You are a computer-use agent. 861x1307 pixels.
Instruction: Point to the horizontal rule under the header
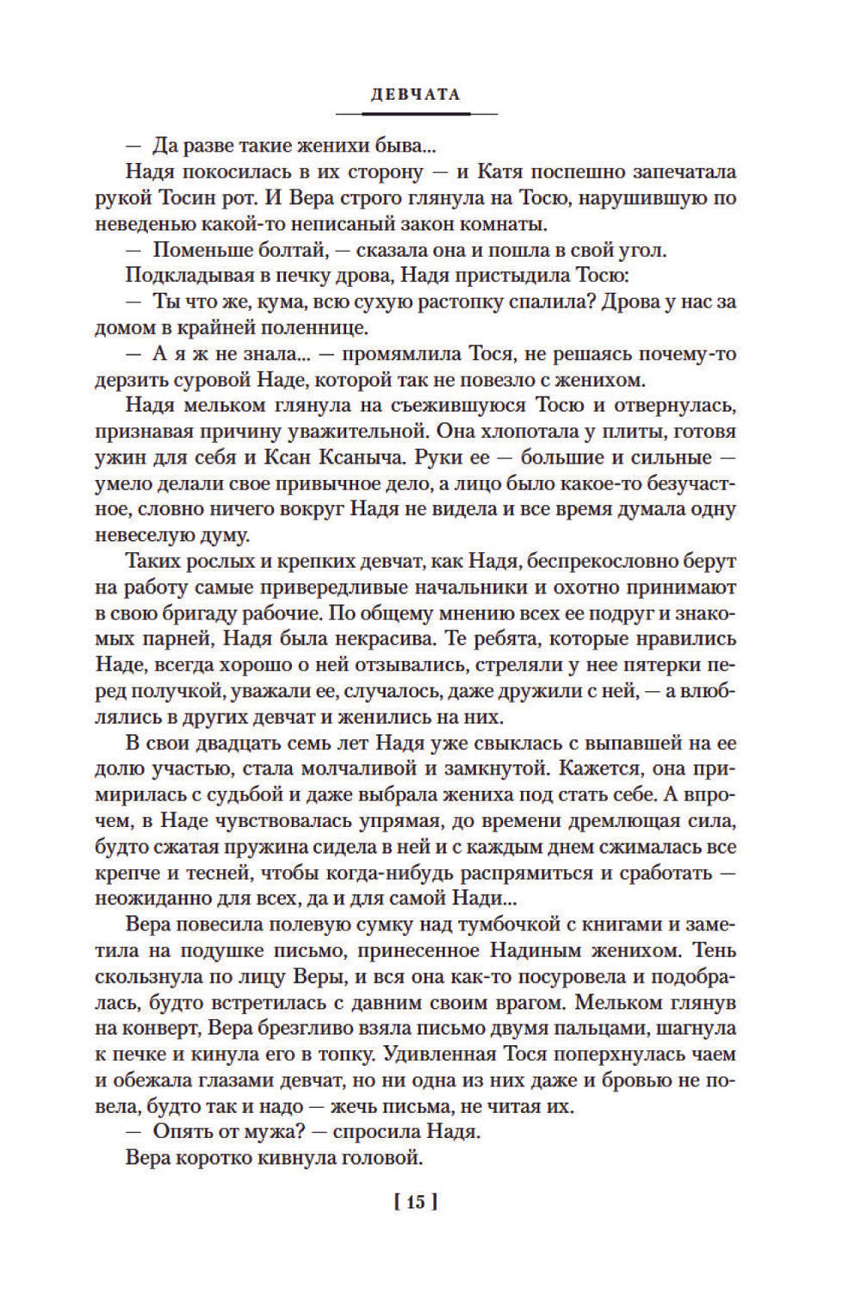417,114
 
